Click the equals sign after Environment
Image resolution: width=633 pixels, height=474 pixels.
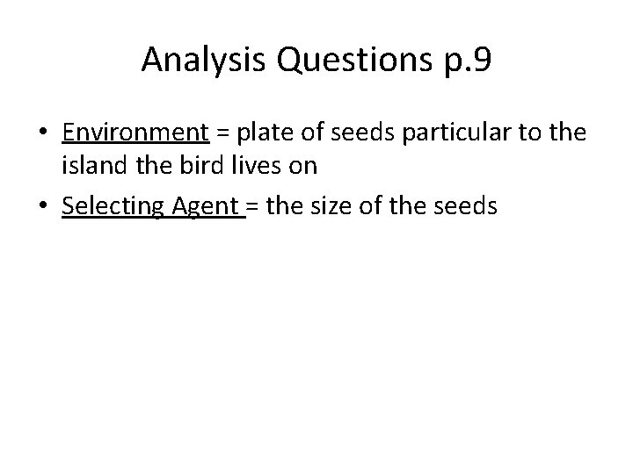pos(222,133)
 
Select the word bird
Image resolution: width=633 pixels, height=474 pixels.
pos(200,167)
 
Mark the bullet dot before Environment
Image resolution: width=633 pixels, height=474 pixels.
pos(43,133)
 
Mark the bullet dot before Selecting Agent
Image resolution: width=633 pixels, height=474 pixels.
pos(43,207)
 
